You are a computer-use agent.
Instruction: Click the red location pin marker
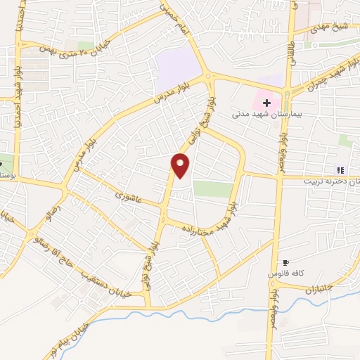[x=181, y=165]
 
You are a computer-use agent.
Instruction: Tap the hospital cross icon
[x=266, y=103]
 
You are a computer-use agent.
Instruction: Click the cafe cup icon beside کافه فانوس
[x=284, y=262]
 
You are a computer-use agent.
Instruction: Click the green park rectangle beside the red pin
[x=212, y=188]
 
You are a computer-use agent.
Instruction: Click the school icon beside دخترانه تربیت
[x=340, y=169]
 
